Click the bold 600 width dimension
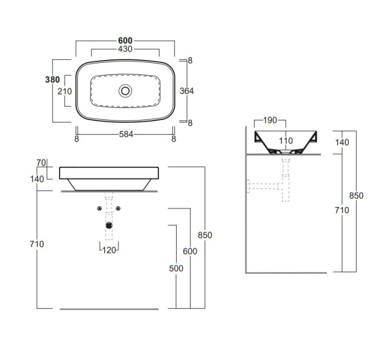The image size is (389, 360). click(125, 41)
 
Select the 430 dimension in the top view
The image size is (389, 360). click(125, 49)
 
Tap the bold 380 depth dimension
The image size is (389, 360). click(53, 79)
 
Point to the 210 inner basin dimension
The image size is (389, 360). click(65, 91)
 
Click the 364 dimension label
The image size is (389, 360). click(186, 91)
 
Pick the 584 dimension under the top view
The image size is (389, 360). click(126, 134)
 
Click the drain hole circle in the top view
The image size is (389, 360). click(125, 91)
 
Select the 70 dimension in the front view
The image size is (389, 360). click(41, 163)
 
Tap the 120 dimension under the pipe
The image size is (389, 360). click(109, 250)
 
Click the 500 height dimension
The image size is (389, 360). click(176, 269)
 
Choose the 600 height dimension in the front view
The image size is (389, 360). click(190, 251)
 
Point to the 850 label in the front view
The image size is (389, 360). click(205, 235)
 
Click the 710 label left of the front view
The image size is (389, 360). click(37, 245)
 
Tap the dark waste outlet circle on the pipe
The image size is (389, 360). click(109, 226)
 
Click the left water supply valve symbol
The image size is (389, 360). click(100, 209)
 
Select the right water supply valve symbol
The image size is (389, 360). click(118, 209)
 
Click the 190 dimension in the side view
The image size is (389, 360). click(270, 121)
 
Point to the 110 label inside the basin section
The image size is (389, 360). click(286, 141)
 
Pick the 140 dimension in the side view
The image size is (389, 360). click(342, 142)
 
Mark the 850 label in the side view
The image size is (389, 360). click(356, 196)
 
